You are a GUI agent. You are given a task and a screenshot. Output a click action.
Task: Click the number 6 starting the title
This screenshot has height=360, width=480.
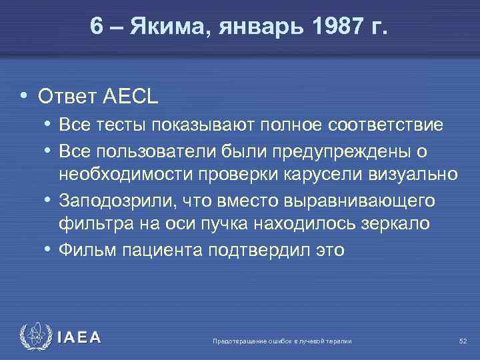(97, 29)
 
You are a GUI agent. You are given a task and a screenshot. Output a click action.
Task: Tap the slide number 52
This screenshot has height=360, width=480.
(463, 341)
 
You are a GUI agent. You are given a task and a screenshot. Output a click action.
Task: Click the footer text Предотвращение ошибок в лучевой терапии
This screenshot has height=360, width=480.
(281, 341)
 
